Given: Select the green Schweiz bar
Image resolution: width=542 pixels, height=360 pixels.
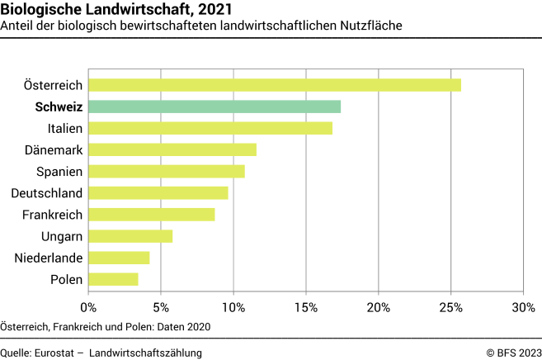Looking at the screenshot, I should (214, 107).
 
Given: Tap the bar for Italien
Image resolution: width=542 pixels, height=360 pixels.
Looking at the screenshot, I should (210, 128).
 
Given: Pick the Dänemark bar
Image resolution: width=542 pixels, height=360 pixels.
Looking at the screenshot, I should (172, 149).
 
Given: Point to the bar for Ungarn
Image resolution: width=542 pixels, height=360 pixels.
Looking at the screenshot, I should (130, 236).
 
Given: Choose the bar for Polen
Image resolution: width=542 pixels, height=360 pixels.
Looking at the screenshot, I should (113, 279).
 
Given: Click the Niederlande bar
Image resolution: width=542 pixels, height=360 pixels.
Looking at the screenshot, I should (119, 258).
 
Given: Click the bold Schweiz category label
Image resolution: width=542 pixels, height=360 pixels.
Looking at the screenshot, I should (59, 107).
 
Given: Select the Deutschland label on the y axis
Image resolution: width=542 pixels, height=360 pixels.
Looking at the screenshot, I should (46, 193).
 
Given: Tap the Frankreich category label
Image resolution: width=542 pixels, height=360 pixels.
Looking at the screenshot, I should (52, 215).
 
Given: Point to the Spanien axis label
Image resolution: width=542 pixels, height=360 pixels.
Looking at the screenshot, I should (59, 172).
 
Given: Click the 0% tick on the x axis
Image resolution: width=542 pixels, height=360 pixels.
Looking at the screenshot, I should (88, 307).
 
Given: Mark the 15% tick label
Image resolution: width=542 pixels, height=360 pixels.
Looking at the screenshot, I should (305, 307).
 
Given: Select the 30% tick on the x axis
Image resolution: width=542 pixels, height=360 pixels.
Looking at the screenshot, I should (523, 307).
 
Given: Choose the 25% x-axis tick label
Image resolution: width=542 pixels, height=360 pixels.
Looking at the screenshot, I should (450, 307).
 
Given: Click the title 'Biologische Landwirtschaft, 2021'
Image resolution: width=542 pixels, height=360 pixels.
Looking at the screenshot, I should (116, 10).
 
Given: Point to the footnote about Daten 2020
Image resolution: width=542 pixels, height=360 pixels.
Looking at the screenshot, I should (106, 326).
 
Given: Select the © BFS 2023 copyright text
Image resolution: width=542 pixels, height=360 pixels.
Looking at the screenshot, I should (508, 353).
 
